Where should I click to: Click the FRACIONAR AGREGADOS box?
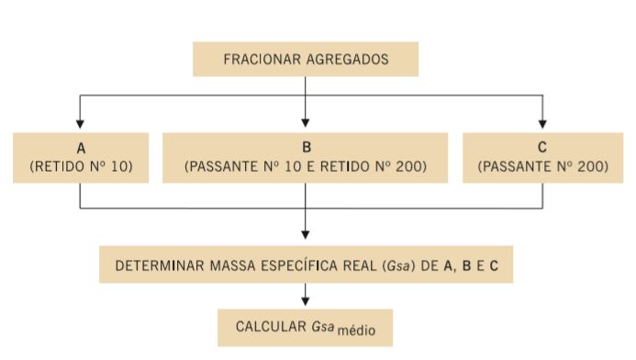click(x=306, y=59)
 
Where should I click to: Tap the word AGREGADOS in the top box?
click(x=349, y=60)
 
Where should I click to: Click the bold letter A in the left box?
click(x=81, y=147)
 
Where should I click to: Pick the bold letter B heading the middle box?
click(x=306, y=147)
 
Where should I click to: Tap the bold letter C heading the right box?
click(x=542, y=147)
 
